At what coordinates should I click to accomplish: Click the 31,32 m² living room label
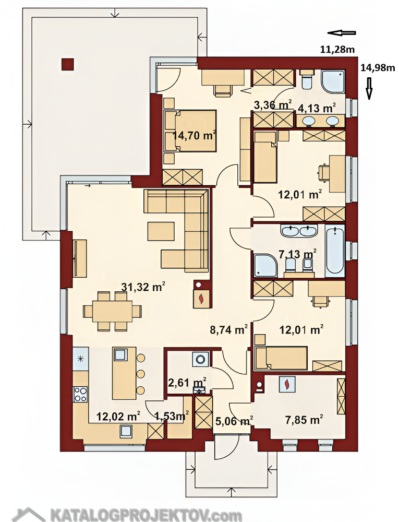tap(143, 287)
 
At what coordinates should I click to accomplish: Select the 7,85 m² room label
tap(304, 420)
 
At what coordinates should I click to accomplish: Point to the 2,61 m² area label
tap(188, 382)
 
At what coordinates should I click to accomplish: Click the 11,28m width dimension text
tap(337, 50)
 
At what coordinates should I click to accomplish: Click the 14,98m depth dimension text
tap(378, 68)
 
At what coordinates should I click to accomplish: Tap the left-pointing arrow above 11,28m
tap(342, 32)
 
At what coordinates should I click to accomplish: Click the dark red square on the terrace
tap(67, 64)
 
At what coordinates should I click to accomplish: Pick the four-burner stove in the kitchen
tap(80, 394)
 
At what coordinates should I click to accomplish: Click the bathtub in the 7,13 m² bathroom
tap(334, 251)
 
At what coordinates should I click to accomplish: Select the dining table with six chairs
tap(112, 311)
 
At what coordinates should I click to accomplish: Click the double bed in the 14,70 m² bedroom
tap(190, 131)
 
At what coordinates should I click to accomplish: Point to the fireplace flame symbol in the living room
tap(201, 299)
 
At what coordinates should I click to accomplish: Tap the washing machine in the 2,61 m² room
tap(200, 359)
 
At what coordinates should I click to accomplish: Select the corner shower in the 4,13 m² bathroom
tap(333, 81)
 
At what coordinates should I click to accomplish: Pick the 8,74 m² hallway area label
tap(229, 329)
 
